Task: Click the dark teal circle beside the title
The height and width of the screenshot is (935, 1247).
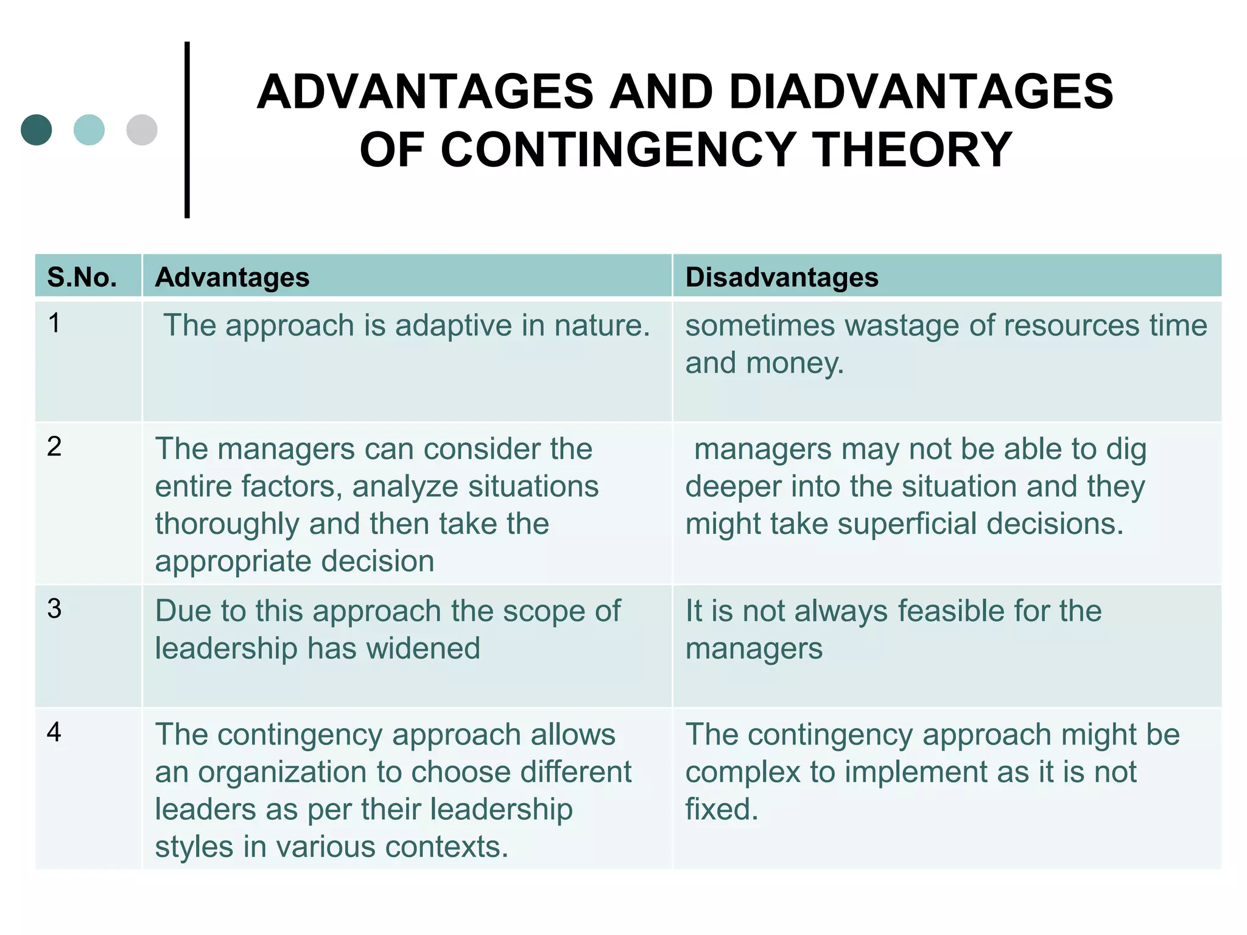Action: pos(37,130)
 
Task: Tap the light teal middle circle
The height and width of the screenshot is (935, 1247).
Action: pos(89,130)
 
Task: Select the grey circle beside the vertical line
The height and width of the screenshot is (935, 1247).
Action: pos(142,130)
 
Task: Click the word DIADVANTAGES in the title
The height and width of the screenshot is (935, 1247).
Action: pos(921,92)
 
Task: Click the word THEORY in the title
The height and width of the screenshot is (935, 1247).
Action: pos(913,150)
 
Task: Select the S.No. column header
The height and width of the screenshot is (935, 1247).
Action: pos(82,278)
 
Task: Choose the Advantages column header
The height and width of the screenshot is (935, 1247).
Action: pos(232,278)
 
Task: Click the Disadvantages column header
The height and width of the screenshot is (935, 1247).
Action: pos(782,278)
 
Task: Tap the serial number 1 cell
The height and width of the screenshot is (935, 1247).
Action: pos(54,323)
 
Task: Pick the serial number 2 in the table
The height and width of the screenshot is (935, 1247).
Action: pos(54,447)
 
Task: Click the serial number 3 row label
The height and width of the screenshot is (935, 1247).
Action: pos(54,609)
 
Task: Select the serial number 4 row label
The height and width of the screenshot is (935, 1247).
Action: pos(54,732)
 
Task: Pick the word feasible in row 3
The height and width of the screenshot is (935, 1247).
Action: pos(963,611)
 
